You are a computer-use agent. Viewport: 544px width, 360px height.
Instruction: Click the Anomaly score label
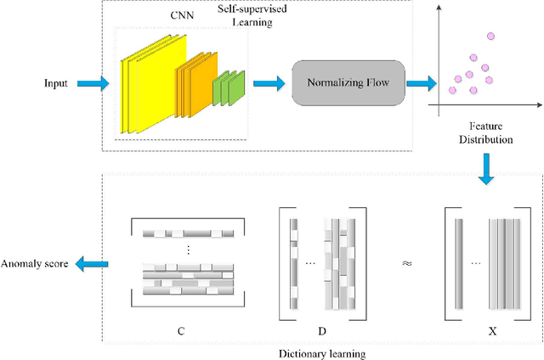34,264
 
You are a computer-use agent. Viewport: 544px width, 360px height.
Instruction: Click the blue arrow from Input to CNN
94,83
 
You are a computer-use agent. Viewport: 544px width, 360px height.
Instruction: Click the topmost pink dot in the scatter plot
490,36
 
